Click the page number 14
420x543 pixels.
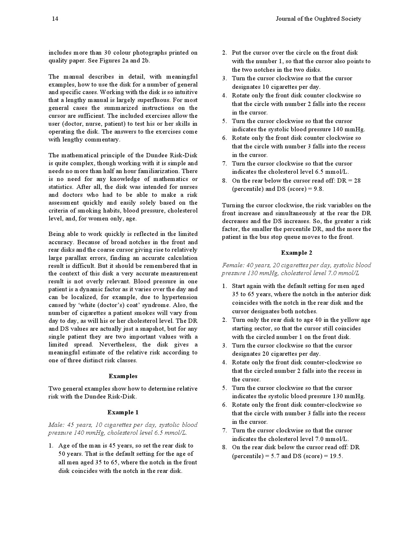[55, 19]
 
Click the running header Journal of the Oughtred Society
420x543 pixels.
[318, 19]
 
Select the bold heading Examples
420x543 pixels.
[123, 376]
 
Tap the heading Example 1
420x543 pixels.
[123, 412]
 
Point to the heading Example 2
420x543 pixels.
[296, 253]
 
